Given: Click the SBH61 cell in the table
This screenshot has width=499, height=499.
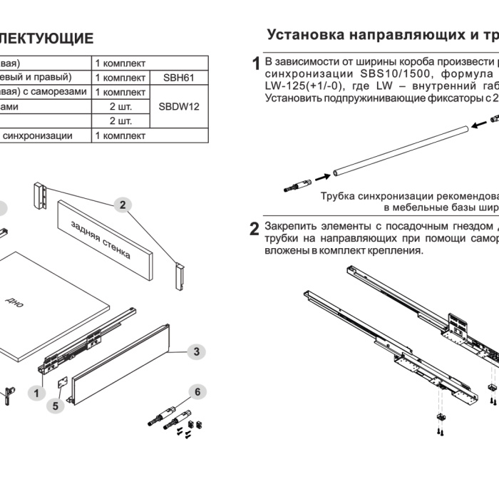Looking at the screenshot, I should point(179,77).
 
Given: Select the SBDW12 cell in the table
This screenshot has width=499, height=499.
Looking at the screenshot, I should point(179,106).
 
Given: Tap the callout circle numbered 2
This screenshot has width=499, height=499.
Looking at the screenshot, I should point(123,205).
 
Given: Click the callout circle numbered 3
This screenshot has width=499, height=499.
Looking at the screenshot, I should point(196,351).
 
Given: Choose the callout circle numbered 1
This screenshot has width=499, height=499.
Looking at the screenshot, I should point(34,392).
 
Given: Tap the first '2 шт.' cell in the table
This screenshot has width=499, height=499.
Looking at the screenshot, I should point(120,106).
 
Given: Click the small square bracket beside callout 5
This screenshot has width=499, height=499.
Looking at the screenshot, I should point(63,382).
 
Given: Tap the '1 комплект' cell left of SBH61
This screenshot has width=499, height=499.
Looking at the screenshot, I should point(120,77).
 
